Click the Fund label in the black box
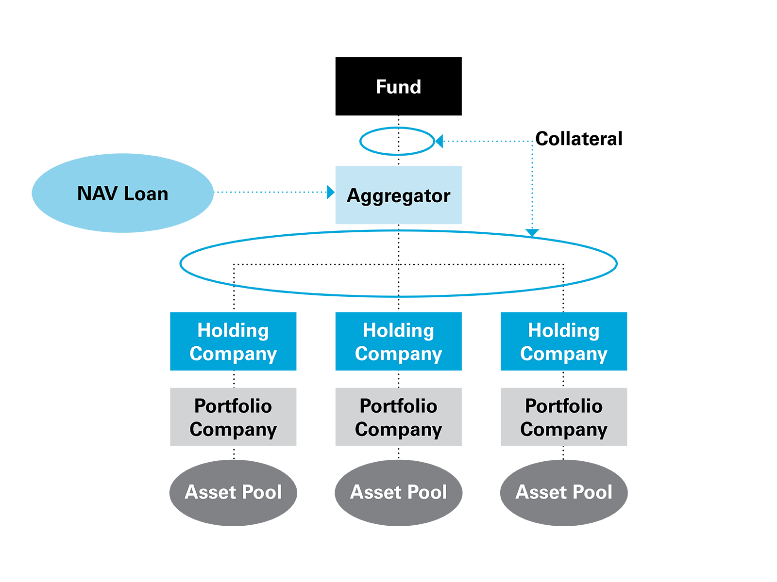[x=398, y=87]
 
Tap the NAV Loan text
[x=122, y=194]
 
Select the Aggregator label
[x=398, y=195]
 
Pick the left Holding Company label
[x=233, y=342]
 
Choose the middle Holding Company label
[x=398, y=342]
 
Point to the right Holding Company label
[x=563, y=342]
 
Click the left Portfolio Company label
[x=233, y=418]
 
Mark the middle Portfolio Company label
[x=398, y=418]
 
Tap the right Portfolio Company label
[x=563, y=418]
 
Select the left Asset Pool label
[x=233, y=492]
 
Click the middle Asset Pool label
[x=398, y=492]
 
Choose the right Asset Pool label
[x=563, y=492]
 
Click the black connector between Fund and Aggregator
[x=398, y=142]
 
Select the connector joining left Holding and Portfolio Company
[x=234, y=379]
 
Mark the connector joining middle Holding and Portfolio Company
[x=399, y=379]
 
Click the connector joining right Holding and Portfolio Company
[x=563, y=379]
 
